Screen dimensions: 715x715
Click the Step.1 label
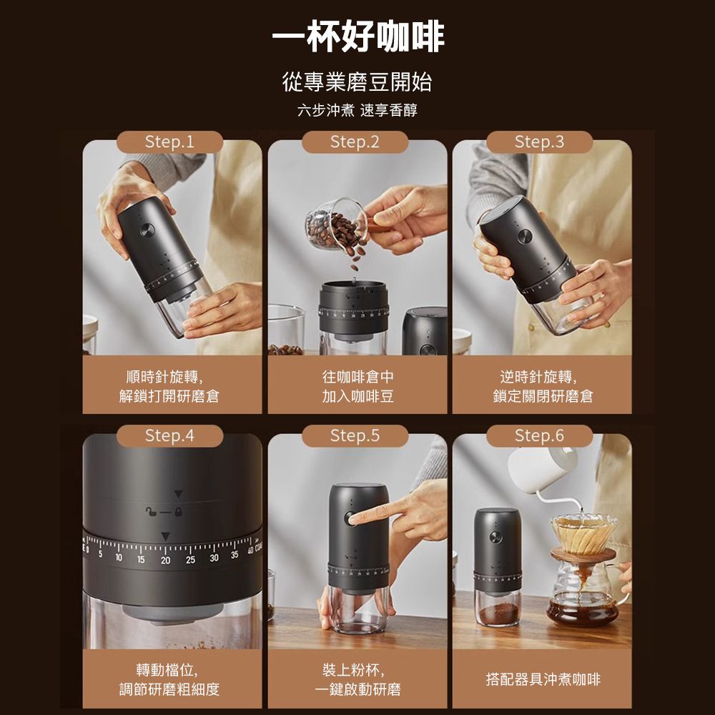(169, 142)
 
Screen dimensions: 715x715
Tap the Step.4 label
(169, 435)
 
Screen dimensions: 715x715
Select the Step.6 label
(539, 435)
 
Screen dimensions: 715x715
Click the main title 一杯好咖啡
(358, 36)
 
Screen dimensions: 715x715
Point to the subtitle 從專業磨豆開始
(357, 82)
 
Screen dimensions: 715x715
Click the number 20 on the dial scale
(166, 560)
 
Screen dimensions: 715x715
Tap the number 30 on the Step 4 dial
(214, 558)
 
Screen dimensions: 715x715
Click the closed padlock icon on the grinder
(178, 512)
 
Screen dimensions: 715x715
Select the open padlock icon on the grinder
(151, 512)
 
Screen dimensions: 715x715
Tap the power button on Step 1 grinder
(147, 230)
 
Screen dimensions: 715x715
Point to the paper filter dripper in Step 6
(583, 534)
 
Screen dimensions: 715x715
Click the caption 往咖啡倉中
(357, 377)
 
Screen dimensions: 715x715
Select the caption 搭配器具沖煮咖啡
(543, 679)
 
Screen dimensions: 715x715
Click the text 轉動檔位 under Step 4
(167, 670)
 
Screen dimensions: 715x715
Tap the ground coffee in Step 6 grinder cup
(498, 613)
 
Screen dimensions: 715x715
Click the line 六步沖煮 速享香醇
(357, 110)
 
